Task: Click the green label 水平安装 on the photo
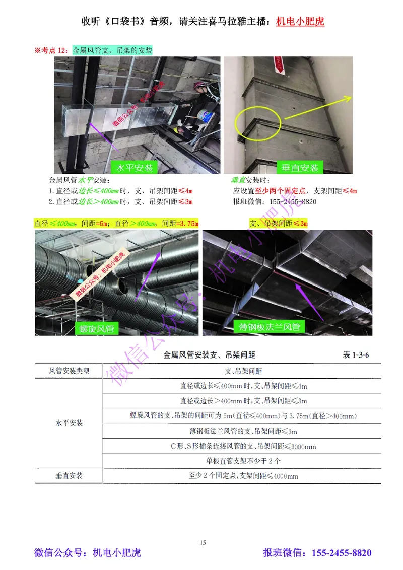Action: click(135, 167)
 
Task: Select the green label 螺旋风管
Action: click(97, 329)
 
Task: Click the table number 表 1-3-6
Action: click(356, 355)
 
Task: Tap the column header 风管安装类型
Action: click(69, 371)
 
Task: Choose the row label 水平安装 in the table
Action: click(69, 423)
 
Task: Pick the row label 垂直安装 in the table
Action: click(69, 475)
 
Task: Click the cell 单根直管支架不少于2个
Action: click(243, 460)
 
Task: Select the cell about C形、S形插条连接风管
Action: click(243, 446)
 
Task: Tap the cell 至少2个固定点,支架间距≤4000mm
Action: click(243, 476)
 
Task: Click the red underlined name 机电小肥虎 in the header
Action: click(300, 22)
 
